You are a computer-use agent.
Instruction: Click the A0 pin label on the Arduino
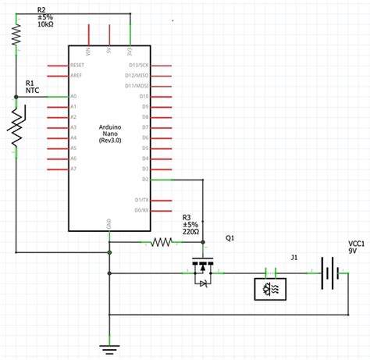coord(74,96)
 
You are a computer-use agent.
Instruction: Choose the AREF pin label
coord(76,75)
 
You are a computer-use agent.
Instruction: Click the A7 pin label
coord(74,168)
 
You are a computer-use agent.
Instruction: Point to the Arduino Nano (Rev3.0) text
coord(109,134)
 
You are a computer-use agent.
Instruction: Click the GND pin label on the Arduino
coord(109,223)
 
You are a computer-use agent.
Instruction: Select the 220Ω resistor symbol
coord(161,242)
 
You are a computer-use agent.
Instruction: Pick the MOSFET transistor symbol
coord(204,272)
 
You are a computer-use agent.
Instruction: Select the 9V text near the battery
coord(354,251)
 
